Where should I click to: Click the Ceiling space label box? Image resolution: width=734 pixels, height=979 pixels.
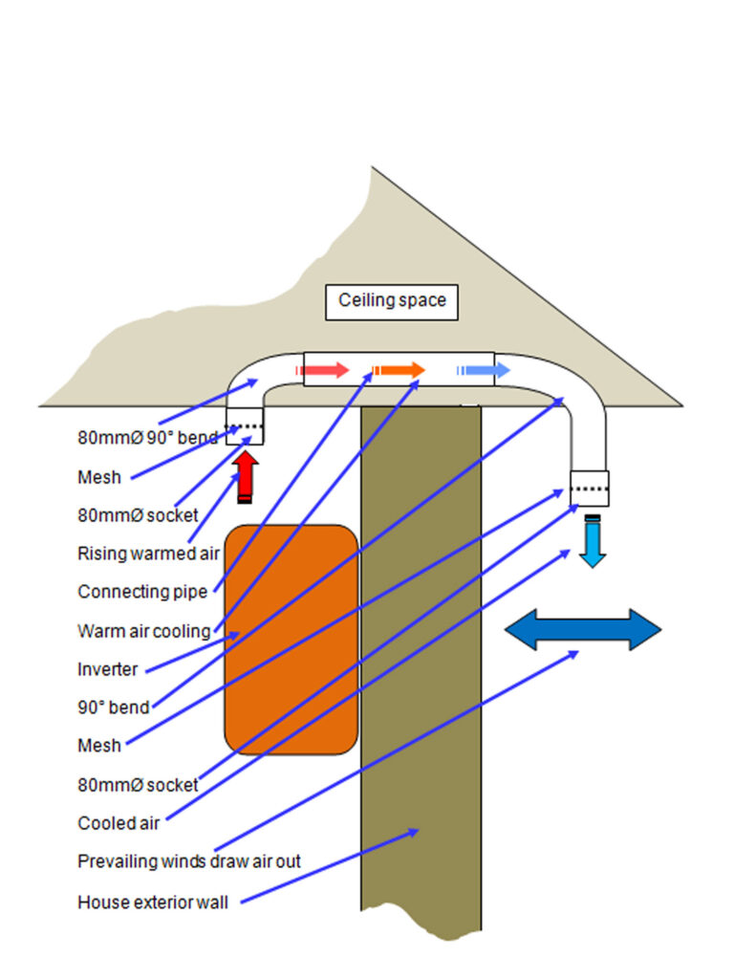392,302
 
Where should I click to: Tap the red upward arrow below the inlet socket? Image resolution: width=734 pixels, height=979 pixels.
246,477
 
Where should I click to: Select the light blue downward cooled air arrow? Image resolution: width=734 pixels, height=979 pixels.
593,541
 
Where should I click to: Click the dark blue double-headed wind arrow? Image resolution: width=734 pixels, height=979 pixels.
583,629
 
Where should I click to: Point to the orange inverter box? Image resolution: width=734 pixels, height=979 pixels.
291,640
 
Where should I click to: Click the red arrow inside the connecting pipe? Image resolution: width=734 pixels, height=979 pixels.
322,370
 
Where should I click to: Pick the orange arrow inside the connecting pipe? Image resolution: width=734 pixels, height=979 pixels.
399,370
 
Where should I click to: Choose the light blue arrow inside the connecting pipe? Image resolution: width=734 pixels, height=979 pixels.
483,370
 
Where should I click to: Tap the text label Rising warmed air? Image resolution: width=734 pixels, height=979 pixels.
148,554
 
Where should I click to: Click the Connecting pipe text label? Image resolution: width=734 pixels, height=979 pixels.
142,592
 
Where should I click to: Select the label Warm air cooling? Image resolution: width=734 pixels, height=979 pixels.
144,631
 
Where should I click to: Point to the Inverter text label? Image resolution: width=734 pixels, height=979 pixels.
107,669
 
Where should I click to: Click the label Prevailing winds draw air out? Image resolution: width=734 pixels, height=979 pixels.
189,861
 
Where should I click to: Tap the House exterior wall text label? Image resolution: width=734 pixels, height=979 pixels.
153,903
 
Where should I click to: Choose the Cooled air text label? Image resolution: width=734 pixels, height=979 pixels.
119,823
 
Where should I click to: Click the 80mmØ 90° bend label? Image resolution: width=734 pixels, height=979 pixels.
148,438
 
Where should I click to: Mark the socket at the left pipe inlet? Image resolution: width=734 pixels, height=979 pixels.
245,426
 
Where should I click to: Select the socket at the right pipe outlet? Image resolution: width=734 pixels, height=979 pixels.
589,489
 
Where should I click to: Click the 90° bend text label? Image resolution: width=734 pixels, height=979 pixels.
114,707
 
